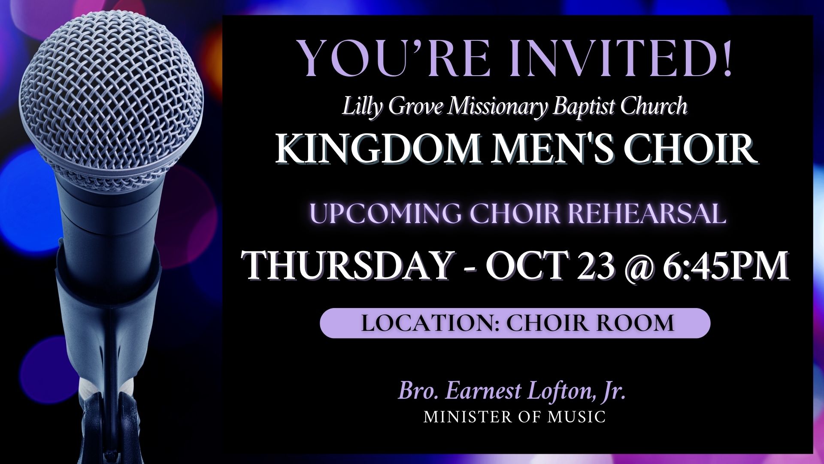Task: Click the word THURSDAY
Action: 347,265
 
